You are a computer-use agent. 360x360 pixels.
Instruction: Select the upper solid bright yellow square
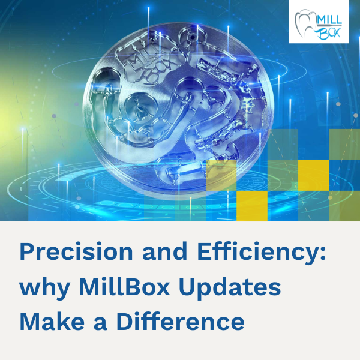[313, 174]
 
